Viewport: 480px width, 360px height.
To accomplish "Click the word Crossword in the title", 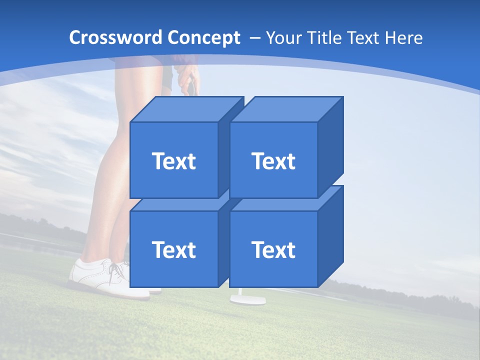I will pos(116,37).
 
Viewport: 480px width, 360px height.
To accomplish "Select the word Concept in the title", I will pos(203,38).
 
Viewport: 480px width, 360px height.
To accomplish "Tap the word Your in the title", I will pos(284,38).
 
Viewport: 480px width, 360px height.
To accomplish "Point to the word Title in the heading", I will pos(324,38).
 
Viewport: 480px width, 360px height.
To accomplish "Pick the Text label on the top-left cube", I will pos(173,161).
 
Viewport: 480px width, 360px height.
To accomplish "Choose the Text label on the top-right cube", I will pos(273,161).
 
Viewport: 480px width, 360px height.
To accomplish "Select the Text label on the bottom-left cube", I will pos(173,249).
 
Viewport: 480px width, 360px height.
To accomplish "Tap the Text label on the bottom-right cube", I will pos(273,249).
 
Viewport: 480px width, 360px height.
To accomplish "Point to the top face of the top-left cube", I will pos(187,109).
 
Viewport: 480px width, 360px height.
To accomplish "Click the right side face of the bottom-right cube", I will pos(330,235).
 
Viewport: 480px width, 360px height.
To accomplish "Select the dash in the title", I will pos(253,38).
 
